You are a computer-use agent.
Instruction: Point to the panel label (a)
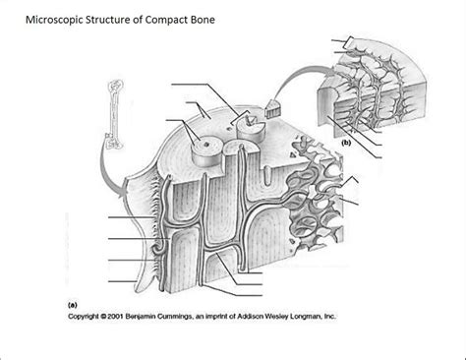(x=72, y=305)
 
